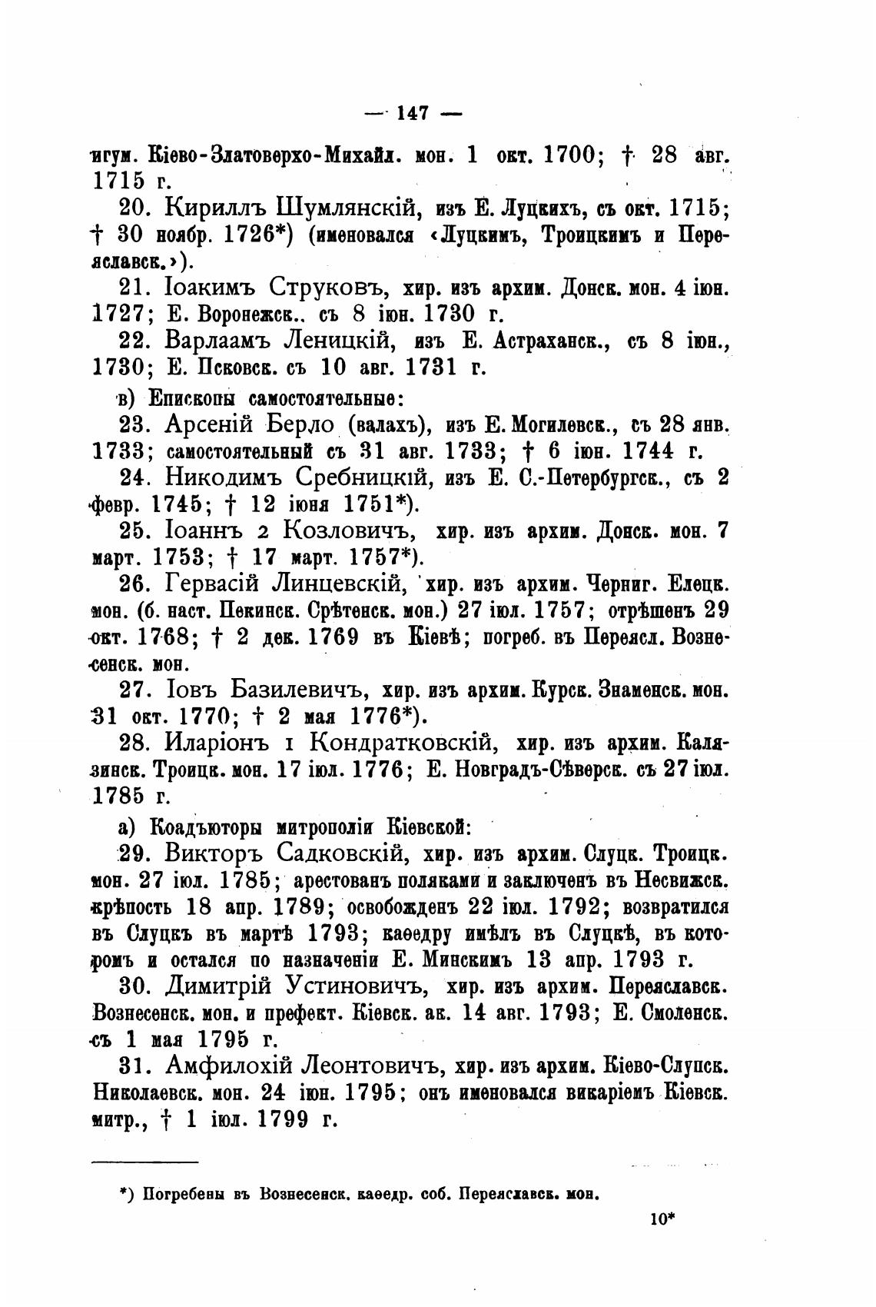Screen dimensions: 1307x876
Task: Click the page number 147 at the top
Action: pos(413,113)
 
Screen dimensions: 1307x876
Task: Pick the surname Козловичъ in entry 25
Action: pos(347,530)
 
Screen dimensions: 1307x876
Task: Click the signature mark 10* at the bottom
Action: pos(661,1217)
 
